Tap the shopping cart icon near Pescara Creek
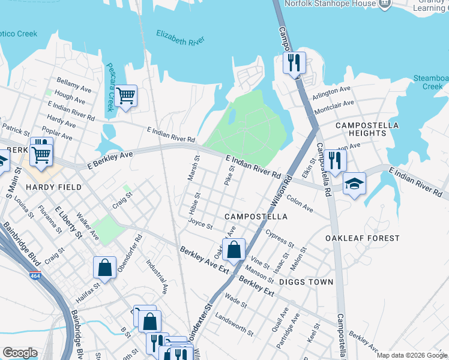[125, 96]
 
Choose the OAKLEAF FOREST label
[362, 238]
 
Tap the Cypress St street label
[280, 239]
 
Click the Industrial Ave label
[157, 276]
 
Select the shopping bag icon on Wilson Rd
[234, 249]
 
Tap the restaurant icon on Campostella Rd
[335, 160]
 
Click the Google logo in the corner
[20, 353]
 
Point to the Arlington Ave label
[331, 93]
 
